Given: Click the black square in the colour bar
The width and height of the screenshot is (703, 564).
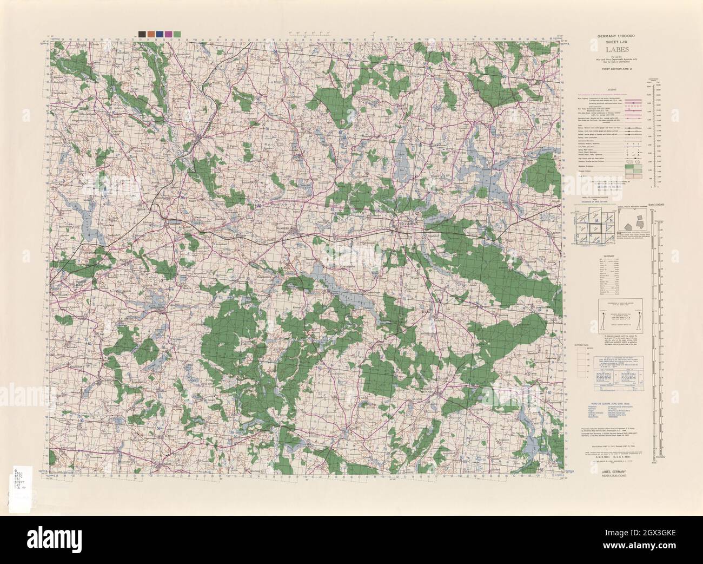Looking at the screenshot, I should pos(142,34).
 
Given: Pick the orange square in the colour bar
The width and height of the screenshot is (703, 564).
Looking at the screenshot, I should pos(151,34).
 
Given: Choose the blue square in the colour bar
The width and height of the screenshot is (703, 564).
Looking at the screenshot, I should pos(160,34).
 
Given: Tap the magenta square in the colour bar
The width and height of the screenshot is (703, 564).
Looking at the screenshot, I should pos(169,34).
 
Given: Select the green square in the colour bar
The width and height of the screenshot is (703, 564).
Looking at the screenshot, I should pos(178,34).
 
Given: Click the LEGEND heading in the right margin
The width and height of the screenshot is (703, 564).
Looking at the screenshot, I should pos(612,89).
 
